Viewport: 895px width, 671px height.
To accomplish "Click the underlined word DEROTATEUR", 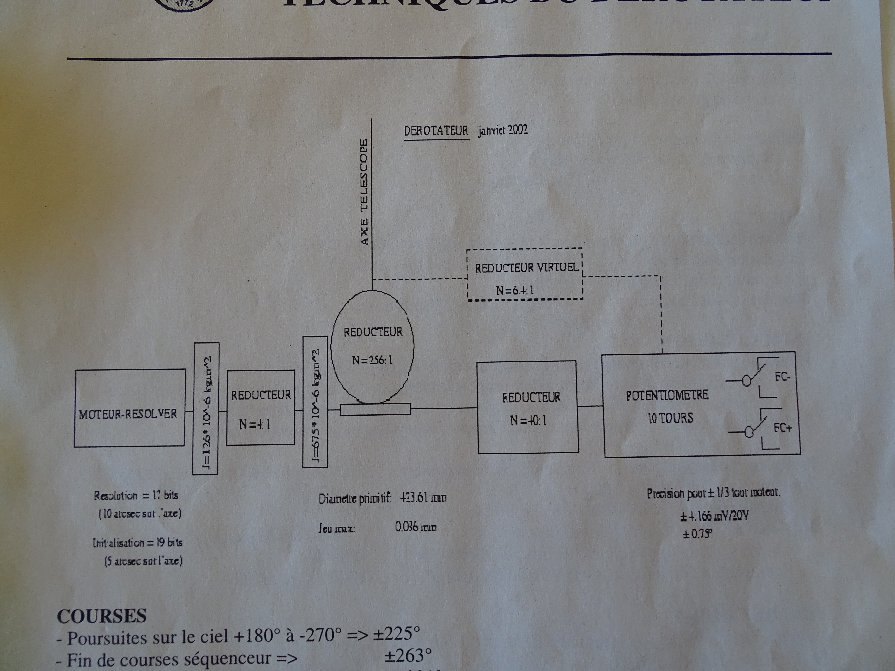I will click(436, 131).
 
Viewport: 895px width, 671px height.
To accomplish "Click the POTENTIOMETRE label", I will click(667, 395).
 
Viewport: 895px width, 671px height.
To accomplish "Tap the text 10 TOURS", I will click(670, 418).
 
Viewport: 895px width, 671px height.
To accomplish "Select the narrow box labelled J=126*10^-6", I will click(206, 409).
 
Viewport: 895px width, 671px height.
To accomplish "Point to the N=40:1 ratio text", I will click(528, 421).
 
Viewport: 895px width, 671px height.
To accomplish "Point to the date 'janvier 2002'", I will click(503, 130).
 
